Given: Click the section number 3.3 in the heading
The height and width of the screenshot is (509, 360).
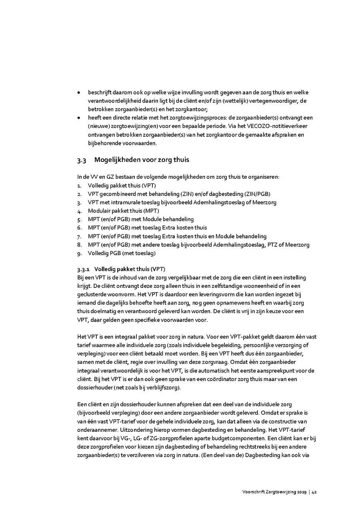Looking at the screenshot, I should (82, 160).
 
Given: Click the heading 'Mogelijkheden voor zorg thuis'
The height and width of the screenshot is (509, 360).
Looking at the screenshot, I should (142, 160).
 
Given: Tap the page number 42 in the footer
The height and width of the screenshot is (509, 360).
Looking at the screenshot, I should (314, 492).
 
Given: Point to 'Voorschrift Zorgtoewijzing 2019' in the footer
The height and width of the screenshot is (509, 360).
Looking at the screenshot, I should (274, 492).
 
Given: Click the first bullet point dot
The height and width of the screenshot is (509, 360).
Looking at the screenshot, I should (79, 93).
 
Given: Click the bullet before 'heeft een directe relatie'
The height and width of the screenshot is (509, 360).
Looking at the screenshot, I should (79, 118).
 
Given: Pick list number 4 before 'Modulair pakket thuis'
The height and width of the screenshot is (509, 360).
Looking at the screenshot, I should (79, 211).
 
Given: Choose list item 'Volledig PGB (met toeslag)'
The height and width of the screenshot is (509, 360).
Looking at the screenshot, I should (122, 253).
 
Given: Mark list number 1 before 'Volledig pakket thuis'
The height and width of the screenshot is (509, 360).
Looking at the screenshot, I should (79, 186).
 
